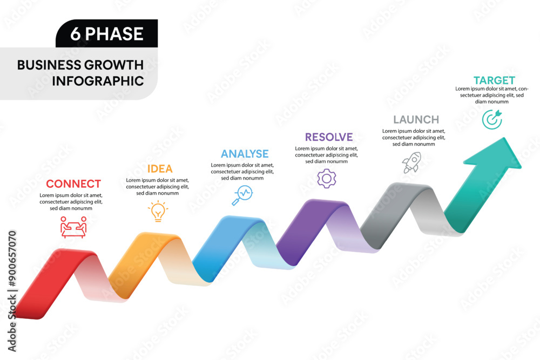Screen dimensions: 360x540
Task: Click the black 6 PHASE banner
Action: click(107, 33)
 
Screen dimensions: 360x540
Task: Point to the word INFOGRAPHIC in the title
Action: click(98, 81)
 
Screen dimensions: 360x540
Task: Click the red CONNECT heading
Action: click(73, 184)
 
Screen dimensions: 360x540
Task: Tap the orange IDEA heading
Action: click(160, 169)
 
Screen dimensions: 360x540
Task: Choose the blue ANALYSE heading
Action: click(245, 154)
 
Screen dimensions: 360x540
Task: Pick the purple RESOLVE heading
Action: click(328, 137)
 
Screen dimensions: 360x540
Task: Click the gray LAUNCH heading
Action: click(416, 120)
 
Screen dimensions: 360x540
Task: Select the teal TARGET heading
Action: click(494, 80)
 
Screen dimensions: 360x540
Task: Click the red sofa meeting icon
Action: click(73, 227)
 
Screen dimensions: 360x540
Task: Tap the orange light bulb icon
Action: click(158, 211)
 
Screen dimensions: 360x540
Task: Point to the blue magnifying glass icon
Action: click(242, 195)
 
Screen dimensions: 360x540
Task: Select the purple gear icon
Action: click(327, 178)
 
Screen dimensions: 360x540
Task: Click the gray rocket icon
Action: click(411, 162)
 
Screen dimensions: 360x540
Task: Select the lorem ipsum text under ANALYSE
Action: click(242, 172)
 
